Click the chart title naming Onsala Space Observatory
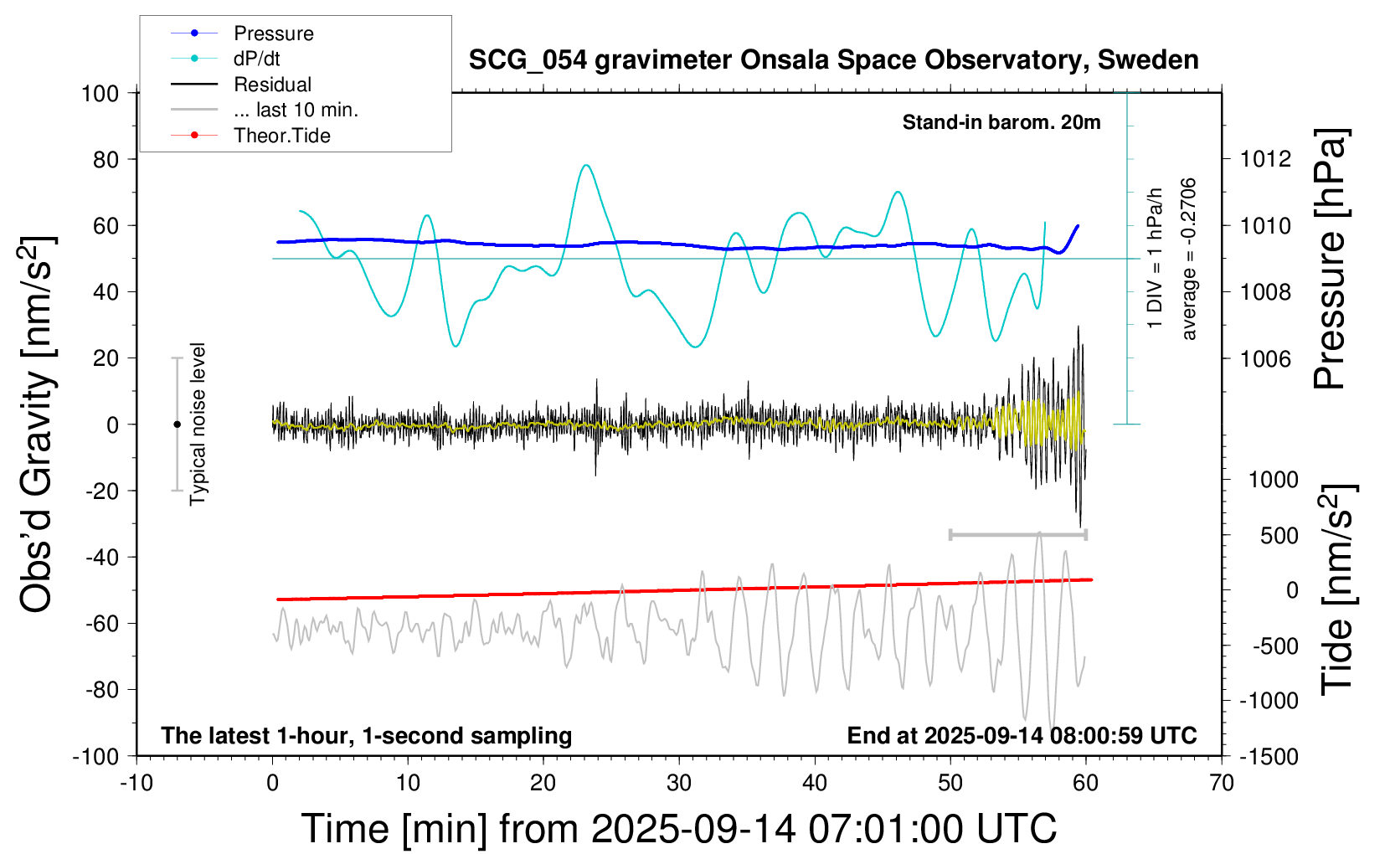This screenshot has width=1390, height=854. [x=833, y=60]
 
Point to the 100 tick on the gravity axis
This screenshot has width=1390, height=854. [x=100, y=93]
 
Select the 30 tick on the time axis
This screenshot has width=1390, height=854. [x=679, y=784]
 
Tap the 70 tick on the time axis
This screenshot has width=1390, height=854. [x=1222, y=784]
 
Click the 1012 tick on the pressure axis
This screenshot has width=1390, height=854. [x=1265, y=159]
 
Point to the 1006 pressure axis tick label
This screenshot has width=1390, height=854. [x=1265, y=358]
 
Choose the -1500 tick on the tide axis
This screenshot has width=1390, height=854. [x=1268, y=756]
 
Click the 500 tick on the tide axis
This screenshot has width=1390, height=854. [x=1279, y=535]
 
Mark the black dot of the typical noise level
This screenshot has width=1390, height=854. [x=177, y=424]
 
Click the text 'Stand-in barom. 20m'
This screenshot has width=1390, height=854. [x=1001, y=122]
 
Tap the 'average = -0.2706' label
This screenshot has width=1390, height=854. [x=1188, y=259]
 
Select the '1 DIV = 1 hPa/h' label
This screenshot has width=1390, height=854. [x=1156, y=259]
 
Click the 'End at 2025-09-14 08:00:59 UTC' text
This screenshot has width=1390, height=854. [x=1022, y=735]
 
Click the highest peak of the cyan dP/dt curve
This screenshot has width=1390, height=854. [x=586, y=165]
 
